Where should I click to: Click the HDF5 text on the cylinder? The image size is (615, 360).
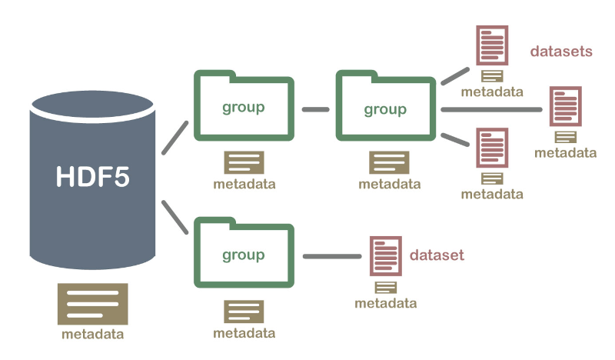(x=93, y=175)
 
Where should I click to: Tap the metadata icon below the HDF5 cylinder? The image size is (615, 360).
(x=92, y=304)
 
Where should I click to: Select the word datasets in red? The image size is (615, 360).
(x=561, y=52)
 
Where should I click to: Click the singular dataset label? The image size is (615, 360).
(x=437, y=255)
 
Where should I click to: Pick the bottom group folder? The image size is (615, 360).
(x=244, y=255)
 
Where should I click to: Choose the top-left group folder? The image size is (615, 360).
(x=244, y=106)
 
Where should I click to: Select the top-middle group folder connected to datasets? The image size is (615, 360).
(x=385, y=106)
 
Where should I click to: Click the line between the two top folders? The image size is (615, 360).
(x=315, y=109)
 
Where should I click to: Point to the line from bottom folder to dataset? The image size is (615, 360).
(x=332, y=257)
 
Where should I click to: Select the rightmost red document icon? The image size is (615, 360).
(x=566, y=106)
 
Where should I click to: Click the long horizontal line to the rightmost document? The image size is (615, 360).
(x=492, y=109)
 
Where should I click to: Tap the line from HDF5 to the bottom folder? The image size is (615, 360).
(x=175, y=217)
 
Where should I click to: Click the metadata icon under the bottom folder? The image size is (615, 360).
(x=244, y=312)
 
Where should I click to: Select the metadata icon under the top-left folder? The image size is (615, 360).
(x=244, y=162)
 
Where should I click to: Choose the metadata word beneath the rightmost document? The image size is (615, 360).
(x=566, y=152)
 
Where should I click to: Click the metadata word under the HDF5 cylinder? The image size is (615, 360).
(x=92, y=335)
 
